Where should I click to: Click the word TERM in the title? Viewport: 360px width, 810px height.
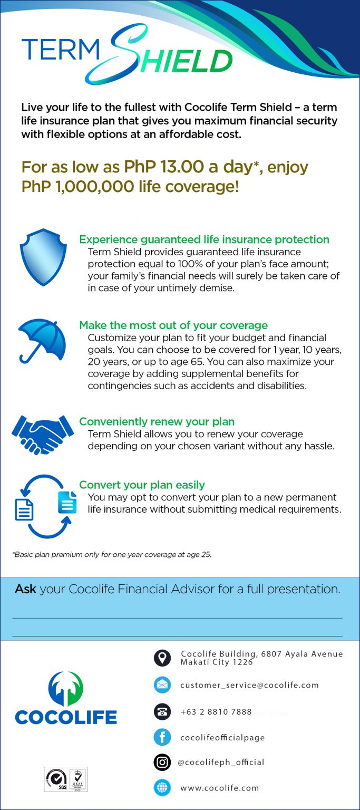coord(60,50)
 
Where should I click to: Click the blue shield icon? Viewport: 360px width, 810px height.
coord(43,257)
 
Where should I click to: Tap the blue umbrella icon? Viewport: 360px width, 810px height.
coord(42,340)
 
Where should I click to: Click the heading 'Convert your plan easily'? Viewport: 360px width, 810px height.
coord(142,485)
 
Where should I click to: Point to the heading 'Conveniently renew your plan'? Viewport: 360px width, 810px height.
coord(157,422)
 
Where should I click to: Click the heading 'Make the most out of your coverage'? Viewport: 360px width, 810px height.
coord(173,325)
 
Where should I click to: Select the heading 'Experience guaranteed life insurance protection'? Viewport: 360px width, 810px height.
coord(204,239)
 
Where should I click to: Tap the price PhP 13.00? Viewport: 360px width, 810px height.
coord(164,167)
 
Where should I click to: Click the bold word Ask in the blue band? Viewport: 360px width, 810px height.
coord(25,589)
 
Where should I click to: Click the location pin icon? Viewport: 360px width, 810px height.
coord(162,658)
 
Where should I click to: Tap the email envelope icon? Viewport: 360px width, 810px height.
coord(162,685)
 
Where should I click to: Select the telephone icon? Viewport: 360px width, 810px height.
coord(162,711)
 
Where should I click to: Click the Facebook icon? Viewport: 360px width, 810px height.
coord(162,737)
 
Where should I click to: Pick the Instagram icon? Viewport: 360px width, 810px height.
coord(162,762)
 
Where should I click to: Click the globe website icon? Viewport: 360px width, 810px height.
coord(162,788)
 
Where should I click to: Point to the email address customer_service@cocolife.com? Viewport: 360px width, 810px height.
coord(249,685)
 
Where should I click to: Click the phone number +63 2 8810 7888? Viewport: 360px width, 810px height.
coord(216,712)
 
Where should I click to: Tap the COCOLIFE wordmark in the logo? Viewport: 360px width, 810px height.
coord(66,717)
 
